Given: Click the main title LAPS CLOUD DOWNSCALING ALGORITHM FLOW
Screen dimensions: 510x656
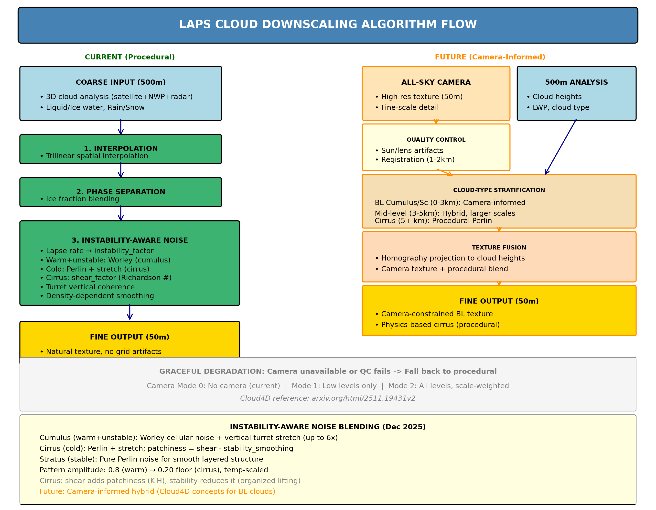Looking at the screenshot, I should click(328, 24).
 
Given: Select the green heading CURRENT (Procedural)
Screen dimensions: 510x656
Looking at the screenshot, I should click(129, 57).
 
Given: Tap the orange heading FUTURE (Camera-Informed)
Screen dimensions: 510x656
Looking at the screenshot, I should click(490, 57).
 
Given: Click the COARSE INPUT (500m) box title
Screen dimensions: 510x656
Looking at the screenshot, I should click(120, 82).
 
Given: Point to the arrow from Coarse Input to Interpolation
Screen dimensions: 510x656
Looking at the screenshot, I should click(121, 127).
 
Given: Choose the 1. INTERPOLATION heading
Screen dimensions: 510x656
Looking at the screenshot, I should click(120, 148).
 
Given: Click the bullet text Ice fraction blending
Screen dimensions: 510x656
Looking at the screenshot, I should click(82, 199).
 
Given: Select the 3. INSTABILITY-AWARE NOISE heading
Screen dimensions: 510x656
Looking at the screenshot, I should click(129, 240).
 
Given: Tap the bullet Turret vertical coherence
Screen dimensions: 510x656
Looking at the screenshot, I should click(90, 287).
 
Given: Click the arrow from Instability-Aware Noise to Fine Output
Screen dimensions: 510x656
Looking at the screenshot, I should click(130, 312).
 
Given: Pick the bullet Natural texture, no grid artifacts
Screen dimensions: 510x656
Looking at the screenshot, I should click(103, 351).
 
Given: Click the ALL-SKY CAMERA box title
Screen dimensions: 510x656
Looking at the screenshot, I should click(436, 82).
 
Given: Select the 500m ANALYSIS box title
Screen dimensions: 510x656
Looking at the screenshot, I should click(576, 82).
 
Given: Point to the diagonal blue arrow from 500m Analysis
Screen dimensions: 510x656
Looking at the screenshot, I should click(561, 147).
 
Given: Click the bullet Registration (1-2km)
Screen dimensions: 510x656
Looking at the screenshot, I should click(418, 160).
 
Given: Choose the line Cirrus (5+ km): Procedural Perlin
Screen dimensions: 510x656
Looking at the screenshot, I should click(433, 221).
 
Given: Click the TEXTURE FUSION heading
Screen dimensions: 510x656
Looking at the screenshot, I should click(499, 248).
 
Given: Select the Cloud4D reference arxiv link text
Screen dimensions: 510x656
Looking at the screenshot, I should click(328, 398).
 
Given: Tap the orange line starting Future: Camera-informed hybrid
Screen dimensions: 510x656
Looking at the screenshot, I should click(157, 491).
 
